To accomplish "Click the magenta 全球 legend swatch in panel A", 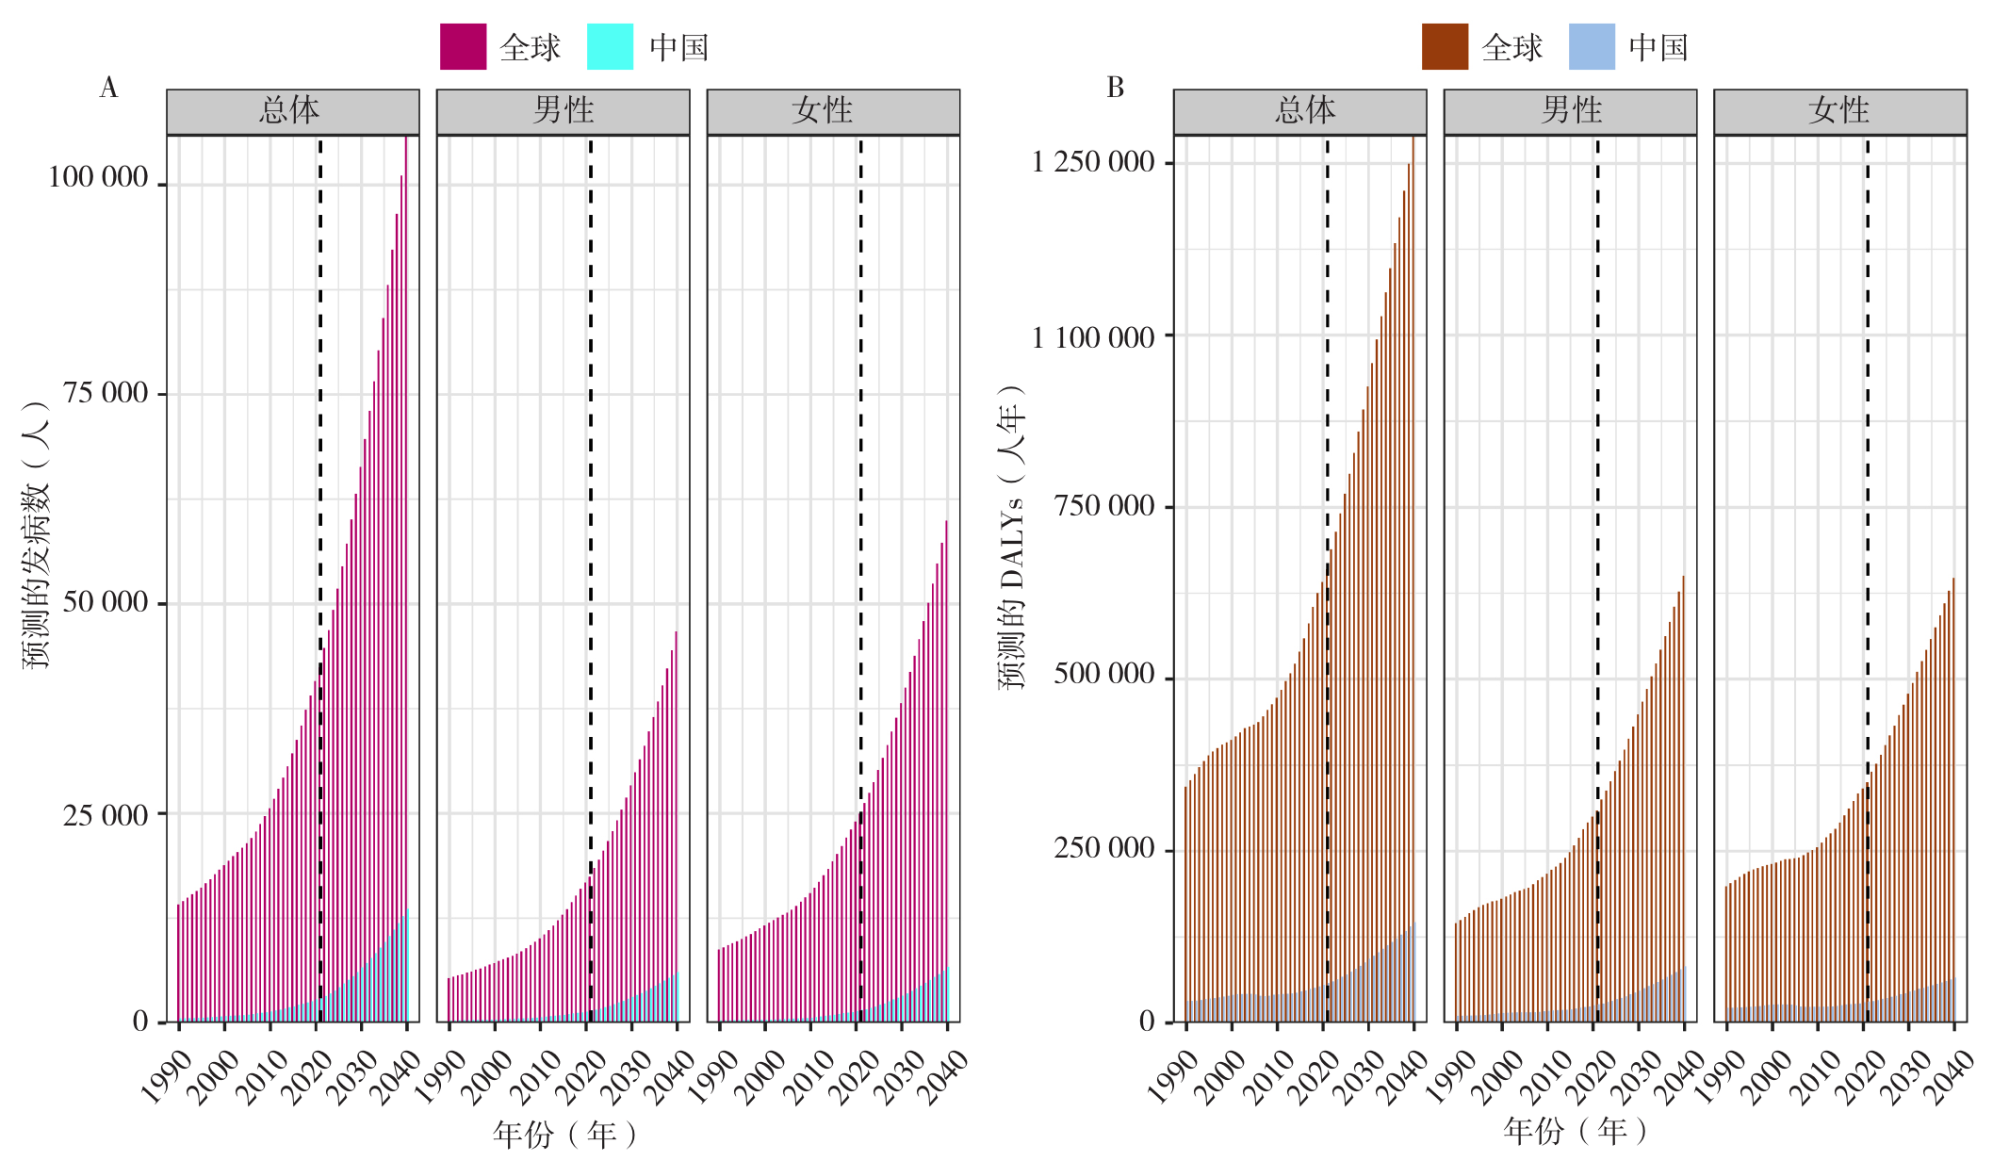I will click(463, 47).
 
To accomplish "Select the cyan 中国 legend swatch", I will click(610, 47).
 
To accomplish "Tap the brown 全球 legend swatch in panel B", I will click(1445, 47).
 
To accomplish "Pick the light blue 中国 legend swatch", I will click(1592, 47).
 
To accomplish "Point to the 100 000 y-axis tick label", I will click(98, 177).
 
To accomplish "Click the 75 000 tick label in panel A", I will click(106, 393).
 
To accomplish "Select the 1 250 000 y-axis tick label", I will click(1093, 162).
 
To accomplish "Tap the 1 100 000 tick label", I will click(1093, 336).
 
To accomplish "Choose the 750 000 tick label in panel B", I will click(1104, 506).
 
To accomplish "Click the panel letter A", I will click(108, 88).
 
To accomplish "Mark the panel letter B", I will click(1115, 88).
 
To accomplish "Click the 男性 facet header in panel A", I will click(563, 111).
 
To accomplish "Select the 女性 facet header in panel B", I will click(1839, 111).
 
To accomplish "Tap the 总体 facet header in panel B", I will click(1305, 111).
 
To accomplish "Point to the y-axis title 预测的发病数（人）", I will click(36, 534).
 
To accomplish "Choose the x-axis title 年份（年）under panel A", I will click(564, 1134).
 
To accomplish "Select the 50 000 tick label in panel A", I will click(106, 602).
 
